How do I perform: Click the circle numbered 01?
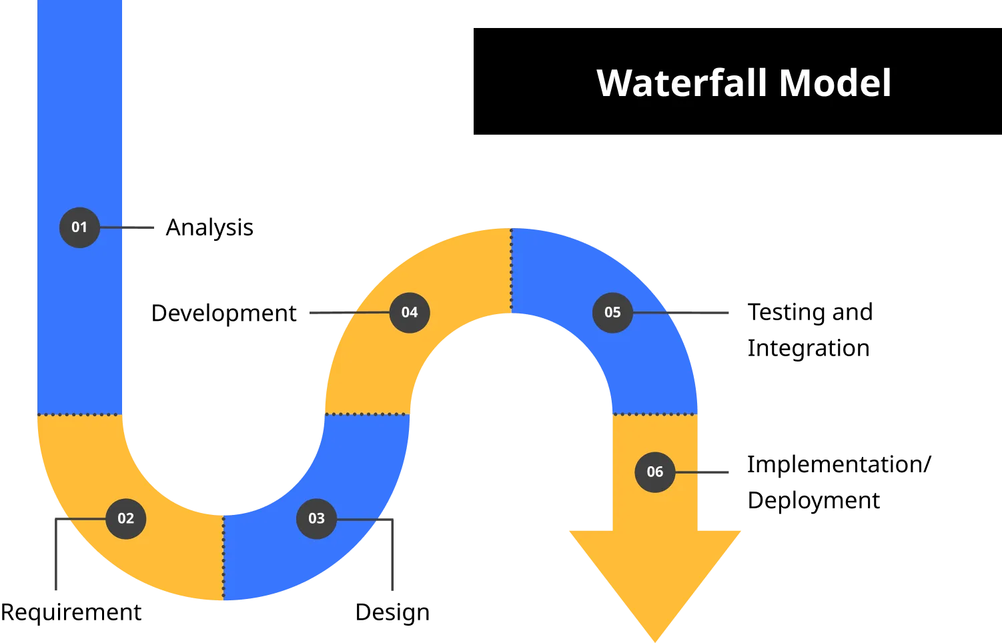[79, 227]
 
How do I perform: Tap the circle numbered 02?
[125, 518]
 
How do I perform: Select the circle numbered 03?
[316, 518]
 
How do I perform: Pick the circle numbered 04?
[410, 312]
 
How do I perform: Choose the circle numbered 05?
[612, 312]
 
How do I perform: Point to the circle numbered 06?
[654, 472]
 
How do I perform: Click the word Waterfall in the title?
[682, 83]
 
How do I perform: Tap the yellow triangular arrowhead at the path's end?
[654, 574]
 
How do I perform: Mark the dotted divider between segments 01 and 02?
[80, 415]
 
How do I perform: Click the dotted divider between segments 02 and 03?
[223, 558]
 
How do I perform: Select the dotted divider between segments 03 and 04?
[367, 414]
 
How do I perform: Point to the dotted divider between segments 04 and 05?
[511, 271]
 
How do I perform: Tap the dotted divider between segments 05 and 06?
[654, 414]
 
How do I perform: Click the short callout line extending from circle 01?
[137, 227]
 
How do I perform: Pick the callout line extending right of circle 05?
[694, 312]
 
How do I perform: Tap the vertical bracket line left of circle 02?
[56, 557]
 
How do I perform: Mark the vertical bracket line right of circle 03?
[392, 557]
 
